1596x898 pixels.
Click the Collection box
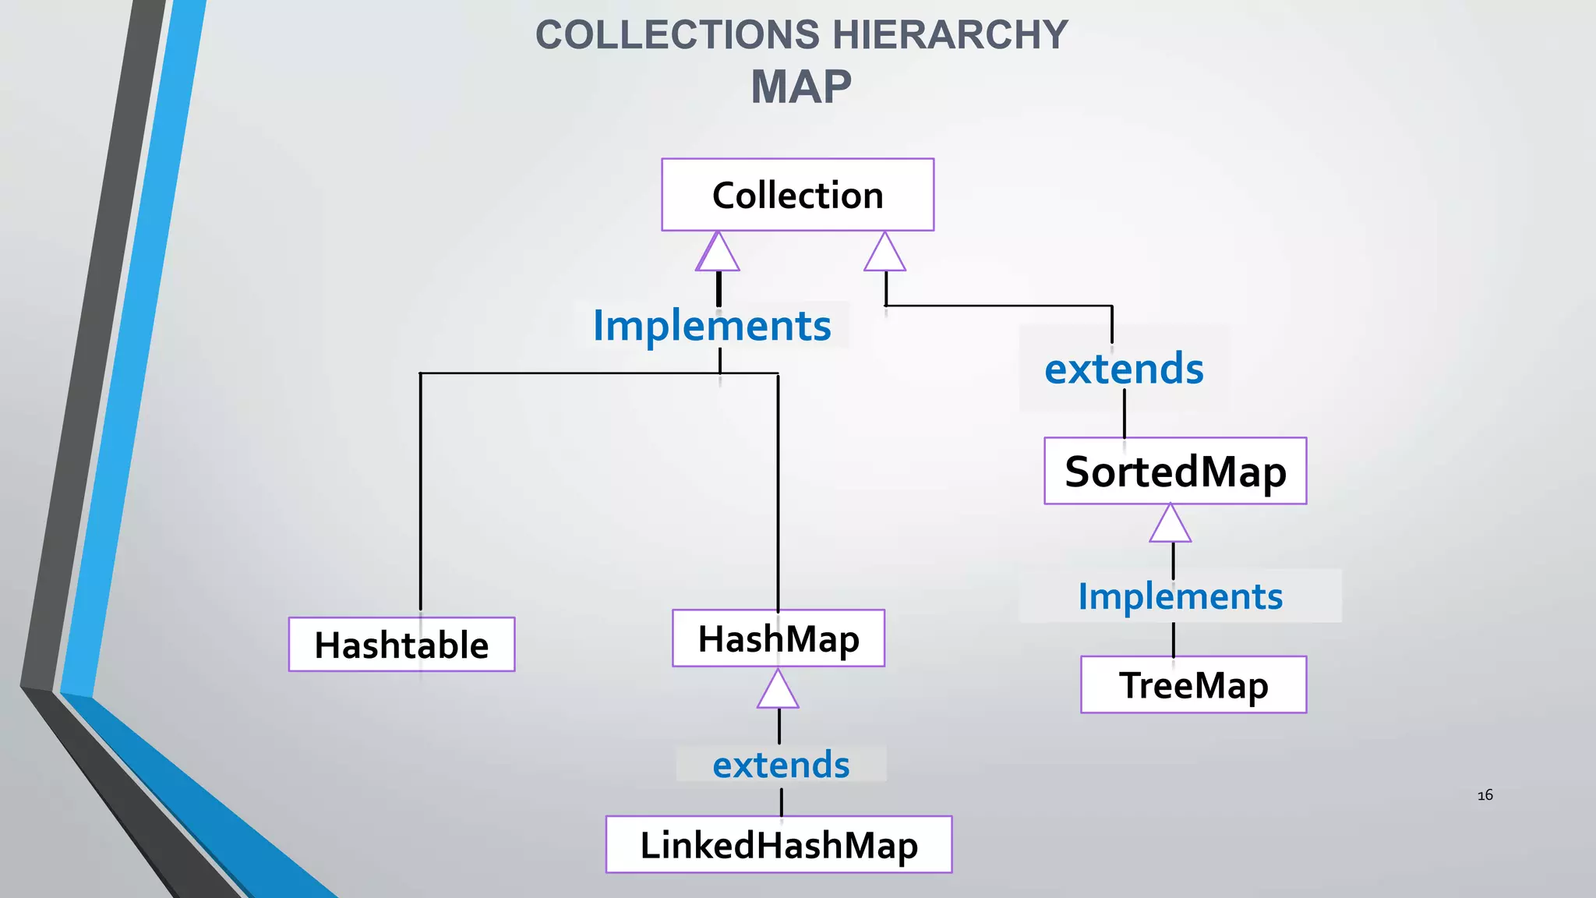point(797,195)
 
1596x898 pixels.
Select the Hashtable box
point(401,645)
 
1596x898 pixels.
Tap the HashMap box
point(778,638)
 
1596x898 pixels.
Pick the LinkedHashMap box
point(779,845)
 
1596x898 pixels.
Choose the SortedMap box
point(1175,471)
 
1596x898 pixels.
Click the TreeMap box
point(1193,684)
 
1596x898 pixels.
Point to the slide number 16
point(1485,795)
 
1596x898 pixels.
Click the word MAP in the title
point(800,87)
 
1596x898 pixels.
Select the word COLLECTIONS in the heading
point(677,35)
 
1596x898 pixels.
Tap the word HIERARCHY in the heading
point(950,35)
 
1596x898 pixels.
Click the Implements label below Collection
point(711,325)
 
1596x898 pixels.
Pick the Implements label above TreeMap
point(1180,596)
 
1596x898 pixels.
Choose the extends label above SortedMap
point(1124,369)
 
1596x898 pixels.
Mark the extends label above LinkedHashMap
point(781,765)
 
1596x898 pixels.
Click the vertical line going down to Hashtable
point(421,491)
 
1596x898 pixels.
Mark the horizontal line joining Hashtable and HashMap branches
point(569,373)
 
